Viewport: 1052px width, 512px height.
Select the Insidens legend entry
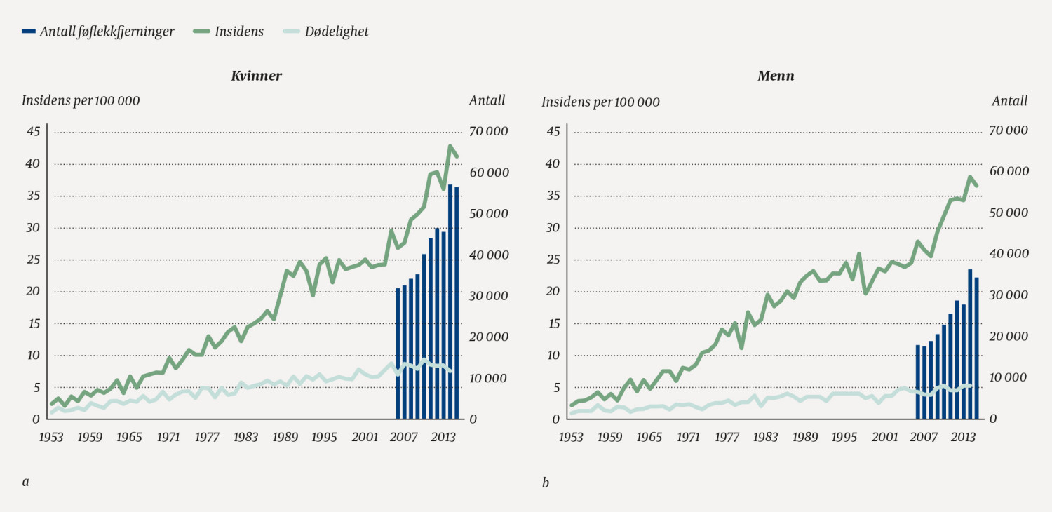click(239, 32)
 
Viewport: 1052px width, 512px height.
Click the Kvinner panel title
click(257, 76)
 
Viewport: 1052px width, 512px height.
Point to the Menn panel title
click(776, 76)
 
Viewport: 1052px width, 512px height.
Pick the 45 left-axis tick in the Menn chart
click(553, 131)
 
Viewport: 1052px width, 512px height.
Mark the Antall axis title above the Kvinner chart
click(487, 100)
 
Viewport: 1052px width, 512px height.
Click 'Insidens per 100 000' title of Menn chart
click(600, 102)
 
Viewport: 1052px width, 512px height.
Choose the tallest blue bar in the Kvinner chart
click(450, 302)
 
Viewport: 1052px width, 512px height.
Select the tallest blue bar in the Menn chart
click(970, 344)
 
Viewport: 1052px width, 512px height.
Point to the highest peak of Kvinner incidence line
click(450, 147)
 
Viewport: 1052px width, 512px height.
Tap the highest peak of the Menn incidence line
click(970, 177)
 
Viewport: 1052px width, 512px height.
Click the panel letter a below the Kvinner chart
click(25, 482)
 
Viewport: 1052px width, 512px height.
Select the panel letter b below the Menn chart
click(545, 482)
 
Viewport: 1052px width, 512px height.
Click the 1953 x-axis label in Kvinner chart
click(51, 437)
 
